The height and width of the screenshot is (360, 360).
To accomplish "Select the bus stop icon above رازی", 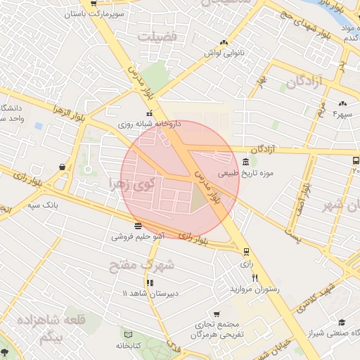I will click(245, 252).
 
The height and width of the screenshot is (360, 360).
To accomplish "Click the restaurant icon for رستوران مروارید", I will click(255, 278).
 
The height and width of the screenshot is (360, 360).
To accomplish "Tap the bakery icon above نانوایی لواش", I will click(224, 42).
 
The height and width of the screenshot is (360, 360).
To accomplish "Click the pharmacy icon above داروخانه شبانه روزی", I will click(148, 113).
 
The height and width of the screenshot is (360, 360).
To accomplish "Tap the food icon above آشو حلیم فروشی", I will click(136, 226).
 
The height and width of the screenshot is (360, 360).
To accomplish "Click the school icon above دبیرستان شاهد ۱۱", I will click(149, 283).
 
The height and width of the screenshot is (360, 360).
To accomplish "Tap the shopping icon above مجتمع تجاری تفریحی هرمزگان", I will click(214, 314).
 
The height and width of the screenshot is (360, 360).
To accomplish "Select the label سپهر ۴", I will click(342, 114).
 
